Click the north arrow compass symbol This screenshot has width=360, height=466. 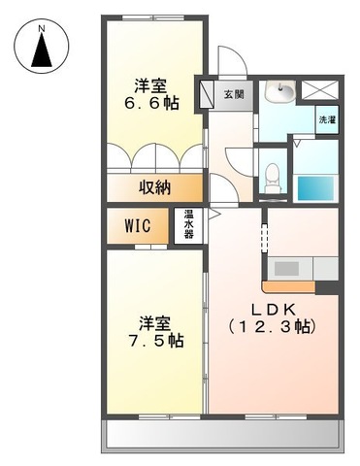click(42, 50)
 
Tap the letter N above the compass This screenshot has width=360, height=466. click(42, 29)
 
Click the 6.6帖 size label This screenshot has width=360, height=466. click(155, 102)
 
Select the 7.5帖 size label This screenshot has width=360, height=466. click(155, 343)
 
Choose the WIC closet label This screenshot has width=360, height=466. click(137, 227)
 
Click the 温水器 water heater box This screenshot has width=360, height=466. click(187, 226)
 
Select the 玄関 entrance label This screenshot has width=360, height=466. click(234, 94)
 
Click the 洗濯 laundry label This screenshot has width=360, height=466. click(326, 119)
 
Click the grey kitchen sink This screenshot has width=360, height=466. click(287, 268)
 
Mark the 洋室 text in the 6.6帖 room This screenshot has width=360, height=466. click(154, 82)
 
